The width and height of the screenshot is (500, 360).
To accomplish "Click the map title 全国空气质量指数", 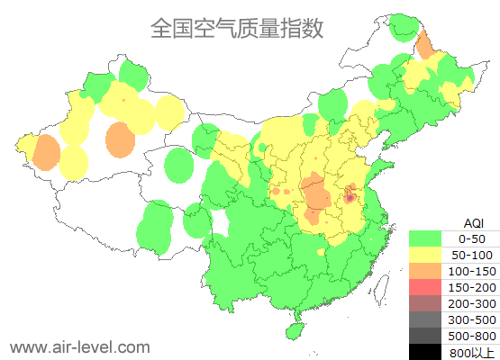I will [236, 28].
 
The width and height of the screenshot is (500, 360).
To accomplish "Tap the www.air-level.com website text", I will [79, 346].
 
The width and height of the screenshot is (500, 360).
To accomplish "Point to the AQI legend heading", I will [472, 222].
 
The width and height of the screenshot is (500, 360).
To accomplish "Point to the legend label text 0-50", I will [472, 238].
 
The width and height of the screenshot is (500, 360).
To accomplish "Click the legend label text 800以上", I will [472, 352].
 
